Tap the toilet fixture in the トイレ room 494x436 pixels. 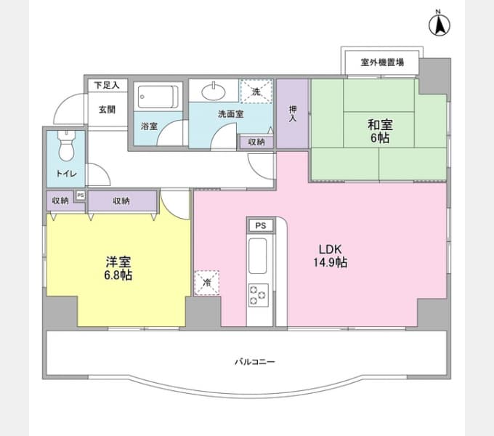point(67,145)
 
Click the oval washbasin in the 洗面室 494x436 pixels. point(214,92)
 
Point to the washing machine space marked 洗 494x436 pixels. point(256,92)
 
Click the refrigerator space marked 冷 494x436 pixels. point(206,283)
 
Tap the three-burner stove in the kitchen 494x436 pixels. point(259,295)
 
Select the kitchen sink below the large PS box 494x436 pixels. point(258,256)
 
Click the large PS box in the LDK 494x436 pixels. point(261,225)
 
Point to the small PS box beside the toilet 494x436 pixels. point(81,195)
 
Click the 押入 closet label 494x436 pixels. point(293,113)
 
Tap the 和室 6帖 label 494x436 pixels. point(380,132)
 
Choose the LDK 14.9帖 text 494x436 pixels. point(330,256)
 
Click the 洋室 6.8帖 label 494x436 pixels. point(118,268)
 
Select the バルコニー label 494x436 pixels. point(254,362)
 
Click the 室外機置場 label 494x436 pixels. point(382,62)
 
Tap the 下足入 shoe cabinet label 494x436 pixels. point(107,85)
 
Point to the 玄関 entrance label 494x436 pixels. point(107,110)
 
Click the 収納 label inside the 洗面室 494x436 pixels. point(256,142)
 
